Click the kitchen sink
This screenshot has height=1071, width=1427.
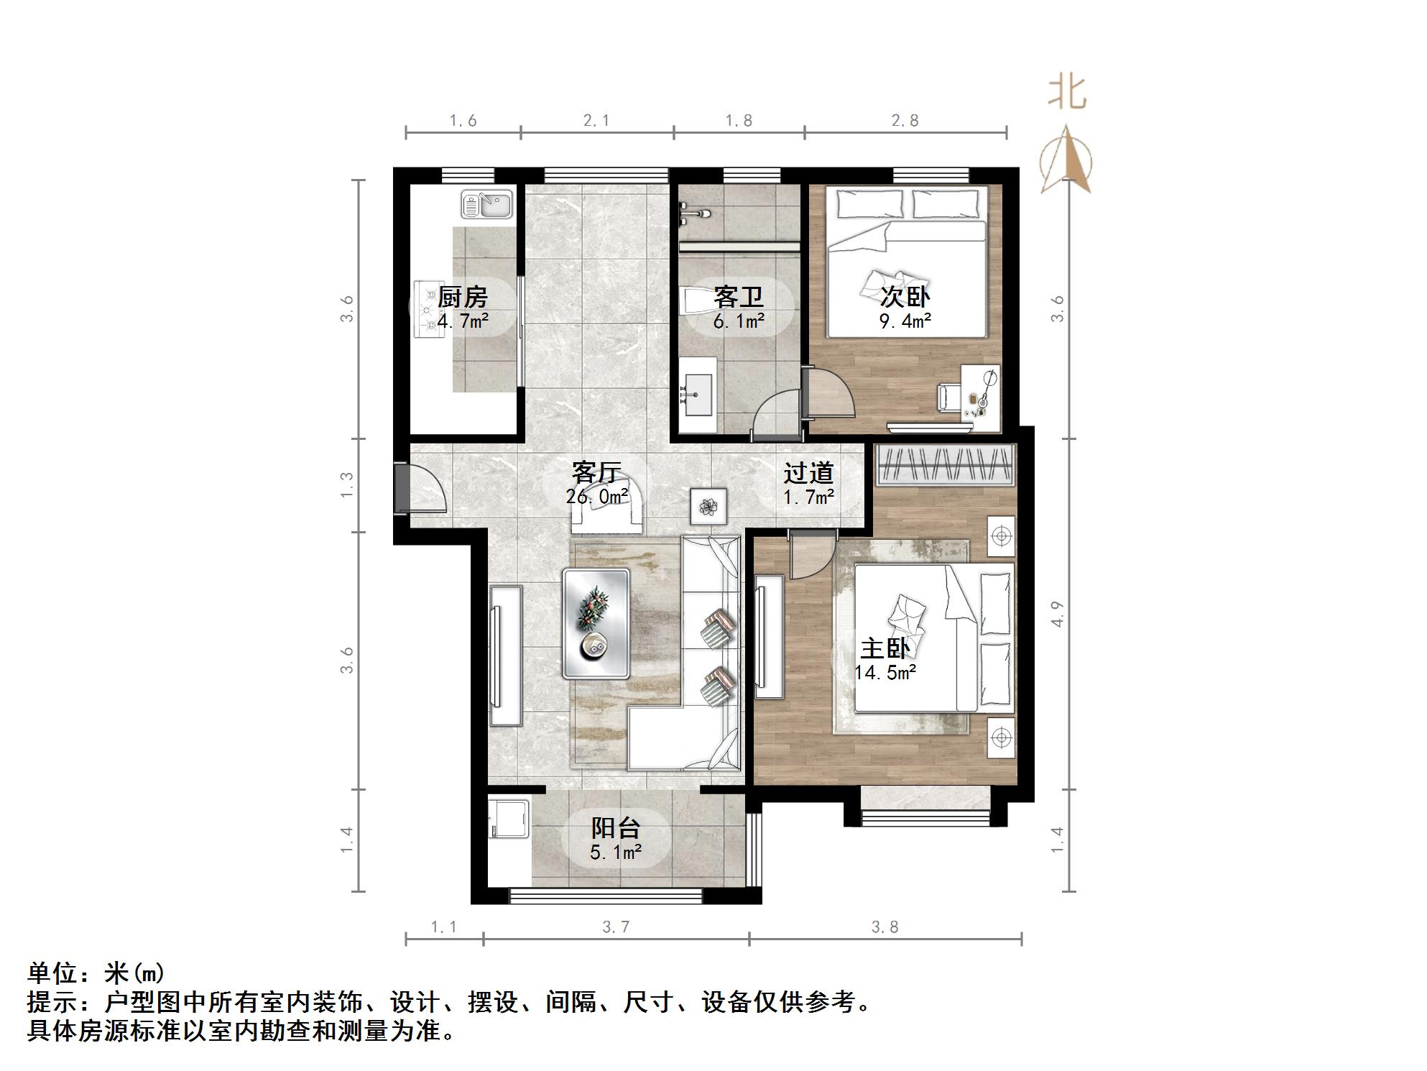487,204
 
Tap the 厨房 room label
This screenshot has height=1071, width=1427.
462,297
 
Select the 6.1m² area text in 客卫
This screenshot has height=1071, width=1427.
739,321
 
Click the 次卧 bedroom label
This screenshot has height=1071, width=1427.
905,296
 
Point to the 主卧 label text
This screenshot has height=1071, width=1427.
885,648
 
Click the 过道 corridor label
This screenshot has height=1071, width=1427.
808,473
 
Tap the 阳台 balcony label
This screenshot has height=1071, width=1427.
615,828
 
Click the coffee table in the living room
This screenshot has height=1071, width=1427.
596,623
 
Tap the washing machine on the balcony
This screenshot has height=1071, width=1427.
508,819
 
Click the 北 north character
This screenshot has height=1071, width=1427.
1067,94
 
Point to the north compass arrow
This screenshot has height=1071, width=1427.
1067,160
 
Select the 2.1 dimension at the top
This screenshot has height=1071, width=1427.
596,121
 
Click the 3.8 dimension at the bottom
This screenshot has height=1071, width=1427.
885,927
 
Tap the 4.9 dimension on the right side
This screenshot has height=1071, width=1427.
1056,613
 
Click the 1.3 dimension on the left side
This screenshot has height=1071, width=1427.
347,484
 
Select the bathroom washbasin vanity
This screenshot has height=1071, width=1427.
697,395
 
